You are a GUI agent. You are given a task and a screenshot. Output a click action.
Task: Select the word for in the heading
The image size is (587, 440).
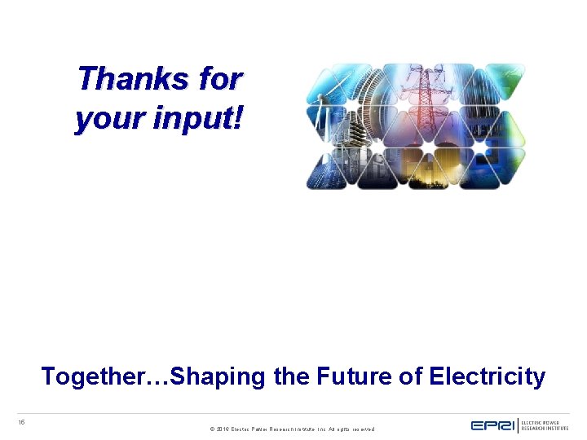tap(220, 79)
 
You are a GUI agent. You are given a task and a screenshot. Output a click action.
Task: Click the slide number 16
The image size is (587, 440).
tap(22, 421)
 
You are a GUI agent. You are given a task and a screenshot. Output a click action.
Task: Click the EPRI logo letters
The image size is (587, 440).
tap(492, 425)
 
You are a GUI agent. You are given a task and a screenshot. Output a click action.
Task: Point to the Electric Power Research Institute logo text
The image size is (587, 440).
tap(545, 425)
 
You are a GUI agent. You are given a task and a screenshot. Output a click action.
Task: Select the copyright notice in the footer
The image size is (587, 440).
tap(292, 429)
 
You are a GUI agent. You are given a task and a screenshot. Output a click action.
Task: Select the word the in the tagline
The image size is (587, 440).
tap(285, 376)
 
